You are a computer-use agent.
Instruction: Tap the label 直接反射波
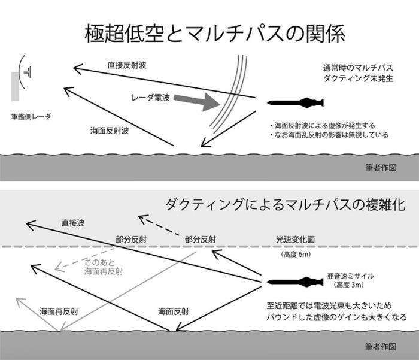coord(126,65)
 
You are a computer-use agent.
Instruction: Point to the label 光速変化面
coord(296,238)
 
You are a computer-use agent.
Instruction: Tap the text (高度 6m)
coord(296,255)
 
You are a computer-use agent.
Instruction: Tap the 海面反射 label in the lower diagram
coord(174,312)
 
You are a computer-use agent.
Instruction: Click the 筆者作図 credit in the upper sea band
coord(380,168)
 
